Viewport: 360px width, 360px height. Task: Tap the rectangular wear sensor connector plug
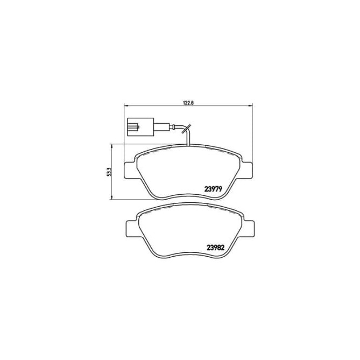pos(139,128)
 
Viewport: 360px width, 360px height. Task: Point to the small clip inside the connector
pos(133,128)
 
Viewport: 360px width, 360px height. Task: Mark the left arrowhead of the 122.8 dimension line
pos(126,105)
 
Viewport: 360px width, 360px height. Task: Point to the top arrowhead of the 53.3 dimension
pos(112,145)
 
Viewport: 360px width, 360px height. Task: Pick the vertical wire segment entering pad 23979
pos(188,139)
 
